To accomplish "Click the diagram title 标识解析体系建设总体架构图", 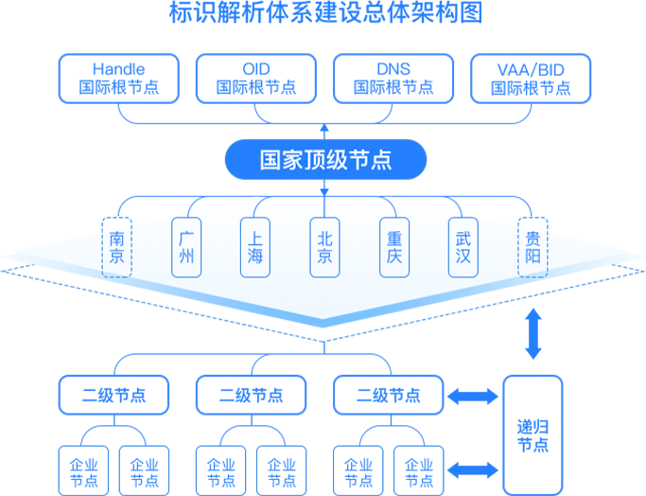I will click(x=323, y=13).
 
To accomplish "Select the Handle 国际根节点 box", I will click(x=118, y=78).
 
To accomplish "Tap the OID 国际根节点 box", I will click(x=256, y=78).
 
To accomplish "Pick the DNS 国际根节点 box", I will click(x=393, y=78).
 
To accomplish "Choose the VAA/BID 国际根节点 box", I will click(x=531, y=78).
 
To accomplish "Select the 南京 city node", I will click(x=117, y=247).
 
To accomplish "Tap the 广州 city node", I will click(x=186, y=247).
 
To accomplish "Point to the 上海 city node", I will click(x=255, y=247).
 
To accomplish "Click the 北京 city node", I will click(x=324, y=247).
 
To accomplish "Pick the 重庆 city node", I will click(x=393, y=247).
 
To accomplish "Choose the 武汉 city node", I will click(x=463, y=247).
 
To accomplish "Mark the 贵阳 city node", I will click(x=533, y=247).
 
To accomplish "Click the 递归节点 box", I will click(x=533, y=431).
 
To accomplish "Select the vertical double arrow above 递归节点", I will click(x=533, y=334).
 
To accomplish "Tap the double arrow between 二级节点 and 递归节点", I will click(x=472, y=396).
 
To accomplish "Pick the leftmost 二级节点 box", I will click(x=113, y=395).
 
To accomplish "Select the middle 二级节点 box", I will click(x=251, y=395).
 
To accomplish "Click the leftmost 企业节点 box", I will click(x=83, y=471).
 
